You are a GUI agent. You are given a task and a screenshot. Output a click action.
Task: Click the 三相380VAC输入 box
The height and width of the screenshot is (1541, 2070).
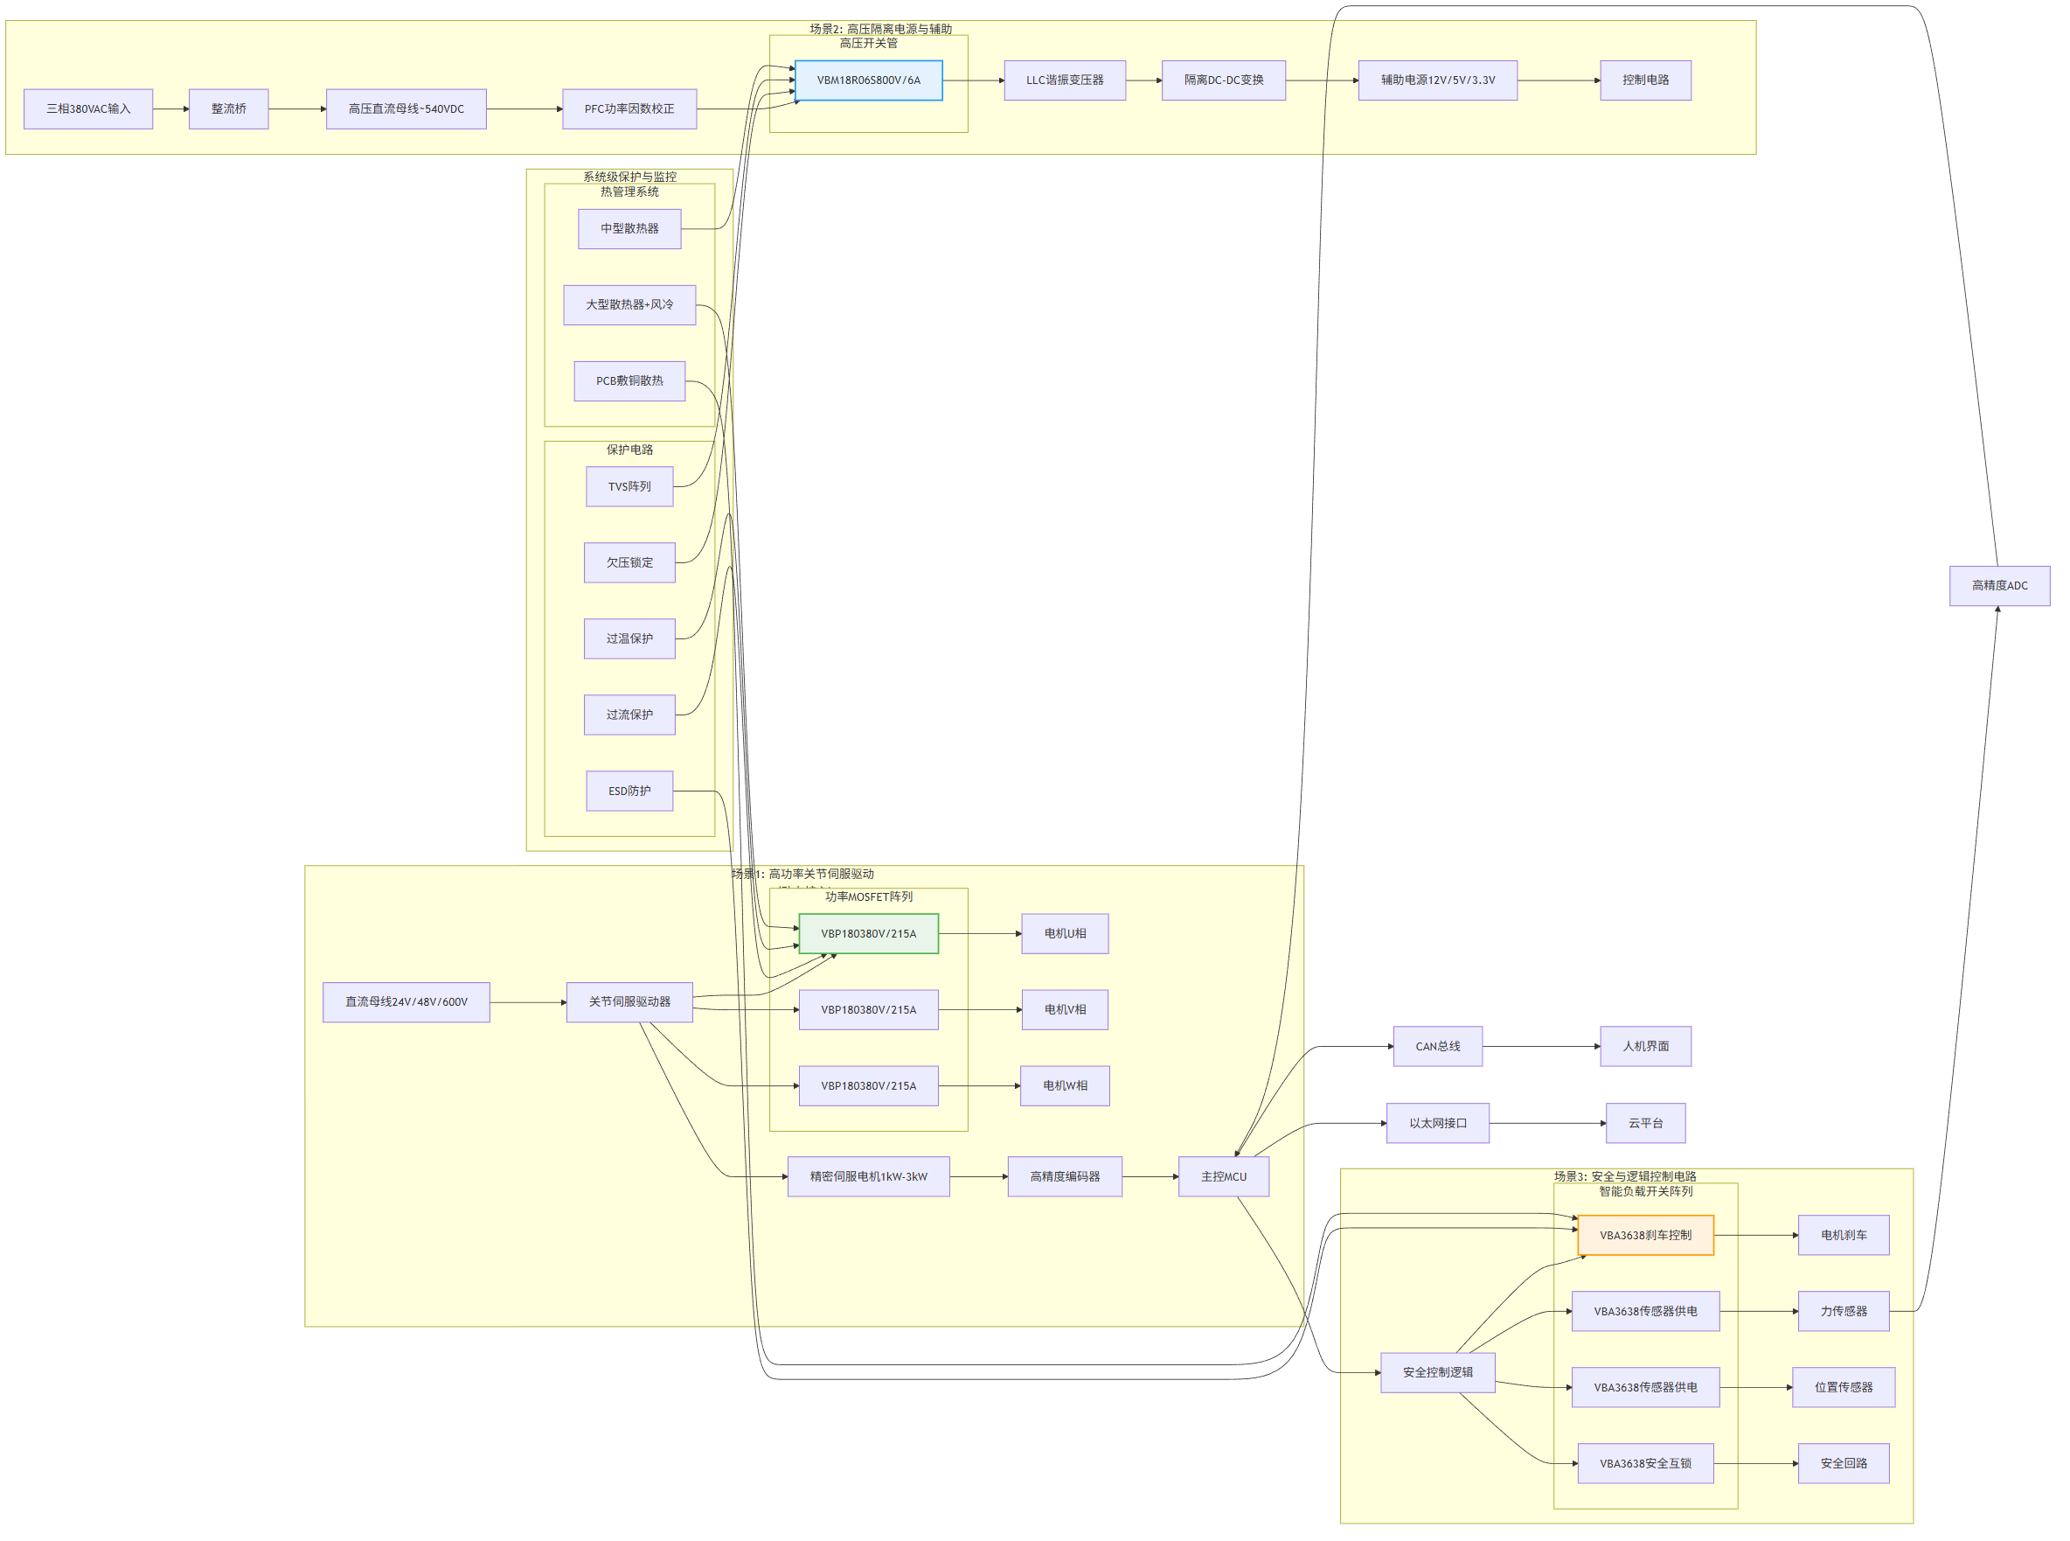pyautogui.click(x=87, y=109)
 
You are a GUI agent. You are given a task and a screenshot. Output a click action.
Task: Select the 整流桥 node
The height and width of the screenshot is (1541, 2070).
pyautogui.click(x=228, y=109)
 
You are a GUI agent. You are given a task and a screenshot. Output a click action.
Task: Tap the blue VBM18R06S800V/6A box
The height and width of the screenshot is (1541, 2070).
pyautogui.click(x=868, y=80)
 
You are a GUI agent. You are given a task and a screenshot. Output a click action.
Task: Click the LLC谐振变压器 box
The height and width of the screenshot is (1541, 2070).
pyautogui.click(x=1065, y=80)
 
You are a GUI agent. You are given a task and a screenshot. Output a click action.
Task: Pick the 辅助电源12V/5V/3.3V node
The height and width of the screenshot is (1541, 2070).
pyautogui.click(x=1438, y=80)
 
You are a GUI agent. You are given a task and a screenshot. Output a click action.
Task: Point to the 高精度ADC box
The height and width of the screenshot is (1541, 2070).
pyautogui.click(x=1999, y=586)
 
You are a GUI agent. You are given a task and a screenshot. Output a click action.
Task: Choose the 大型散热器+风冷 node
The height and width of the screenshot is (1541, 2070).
pyautogui.click(x=629, y=305)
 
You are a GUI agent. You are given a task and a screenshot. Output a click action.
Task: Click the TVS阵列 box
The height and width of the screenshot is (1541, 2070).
pyautogui.click(x=629, y=487)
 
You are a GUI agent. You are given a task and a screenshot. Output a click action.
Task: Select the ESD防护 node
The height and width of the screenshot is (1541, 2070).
pyautogui.click(x=629, y=791)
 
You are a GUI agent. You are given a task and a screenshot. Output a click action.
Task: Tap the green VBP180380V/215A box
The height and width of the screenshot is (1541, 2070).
pyautogui.click(x=868, y=934)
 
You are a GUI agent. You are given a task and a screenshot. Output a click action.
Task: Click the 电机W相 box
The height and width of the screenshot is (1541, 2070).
pyautogui.click(x=1065, y=1086)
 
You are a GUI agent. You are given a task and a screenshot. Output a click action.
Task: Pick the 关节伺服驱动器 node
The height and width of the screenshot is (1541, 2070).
pyautogui.click(x=629, y=1002)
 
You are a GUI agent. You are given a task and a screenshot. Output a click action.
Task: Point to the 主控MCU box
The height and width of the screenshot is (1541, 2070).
pyautogui.click(x=1223, y=1176)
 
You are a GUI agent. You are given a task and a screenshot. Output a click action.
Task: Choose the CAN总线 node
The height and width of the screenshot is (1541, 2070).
pyautogui.click(x=1438, y=1047)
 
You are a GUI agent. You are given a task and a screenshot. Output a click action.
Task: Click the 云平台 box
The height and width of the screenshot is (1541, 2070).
pyautogui.click(x=1646, y=1123)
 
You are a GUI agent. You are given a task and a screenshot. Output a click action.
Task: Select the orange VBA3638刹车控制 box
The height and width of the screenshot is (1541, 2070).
pyautogui.click(x=1646, y=1235)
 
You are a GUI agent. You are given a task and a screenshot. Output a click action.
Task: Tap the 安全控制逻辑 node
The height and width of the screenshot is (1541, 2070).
pyautogui.click(x=1438, y=1372)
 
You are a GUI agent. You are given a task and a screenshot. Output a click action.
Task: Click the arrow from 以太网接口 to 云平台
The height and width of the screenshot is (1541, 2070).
pyautogui.click(x=1548, y=1123)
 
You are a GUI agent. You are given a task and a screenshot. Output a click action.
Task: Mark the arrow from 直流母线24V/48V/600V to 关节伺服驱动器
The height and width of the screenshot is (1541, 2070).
pyautogui.click(x=528, y=1003)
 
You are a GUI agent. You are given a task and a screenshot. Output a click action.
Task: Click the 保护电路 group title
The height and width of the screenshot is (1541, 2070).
pyautogui.click(x=629, y=450)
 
